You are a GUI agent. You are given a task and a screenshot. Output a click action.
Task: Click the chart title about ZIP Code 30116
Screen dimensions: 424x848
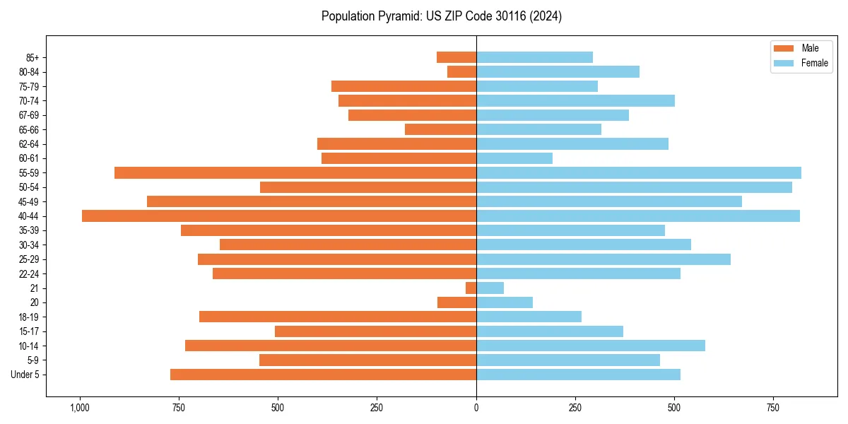[x=441, y=16]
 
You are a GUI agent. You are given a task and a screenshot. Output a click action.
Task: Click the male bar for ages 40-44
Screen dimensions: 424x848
[x=279, y=216]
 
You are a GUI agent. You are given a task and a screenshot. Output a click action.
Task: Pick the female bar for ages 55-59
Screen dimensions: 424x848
[x=639, y=173]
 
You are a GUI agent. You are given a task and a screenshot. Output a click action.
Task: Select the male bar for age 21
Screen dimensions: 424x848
[x=471, y=288]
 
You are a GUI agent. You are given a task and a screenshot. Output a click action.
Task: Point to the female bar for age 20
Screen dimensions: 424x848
[x=505, y=302]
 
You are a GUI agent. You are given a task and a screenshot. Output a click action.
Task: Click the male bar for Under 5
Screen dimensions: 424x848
[x=323, y=375]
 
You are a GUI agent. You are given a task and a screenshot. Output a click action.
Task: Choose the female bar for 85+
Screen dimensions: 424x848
[x=534, y=57]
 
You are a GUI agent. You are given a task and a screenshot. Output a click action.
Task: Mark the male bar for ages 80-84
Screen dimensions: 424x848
[x=462, y=72]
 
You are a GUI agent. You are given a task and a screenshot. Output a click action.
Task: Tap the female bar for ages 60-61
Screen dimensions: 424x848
[x=514, y=158]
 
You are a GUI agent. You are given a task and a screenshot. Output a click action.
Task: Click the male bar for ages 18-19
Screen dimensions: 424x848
[x=338, y=317]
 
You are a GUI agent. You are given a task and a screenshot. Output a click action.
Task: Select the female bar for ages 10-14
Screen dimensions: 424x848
[x=591, y=346]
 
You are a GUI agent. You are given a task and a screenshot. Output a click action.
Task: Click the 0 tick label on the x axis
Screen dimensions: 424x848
[x=476, y=408]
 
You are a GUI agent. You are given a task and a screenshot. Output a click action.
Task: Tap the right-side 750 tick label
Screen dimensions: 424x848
[x=774, y=408]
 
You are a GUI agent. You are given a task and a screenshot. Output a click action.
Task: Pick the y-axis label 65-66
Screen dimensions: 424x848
[x=29, y=130]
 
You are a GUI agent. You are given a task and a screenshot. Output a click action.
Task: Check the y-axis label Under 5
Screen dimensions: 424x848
[x=25, y=375]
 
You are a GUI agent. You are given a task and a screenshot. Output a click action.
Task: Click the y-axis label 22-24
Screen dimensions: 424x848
[x=29, y=274]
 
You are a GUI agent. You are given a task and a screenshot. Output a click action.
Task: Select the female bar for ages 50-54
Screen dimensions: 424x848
[x=634, y=187]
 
